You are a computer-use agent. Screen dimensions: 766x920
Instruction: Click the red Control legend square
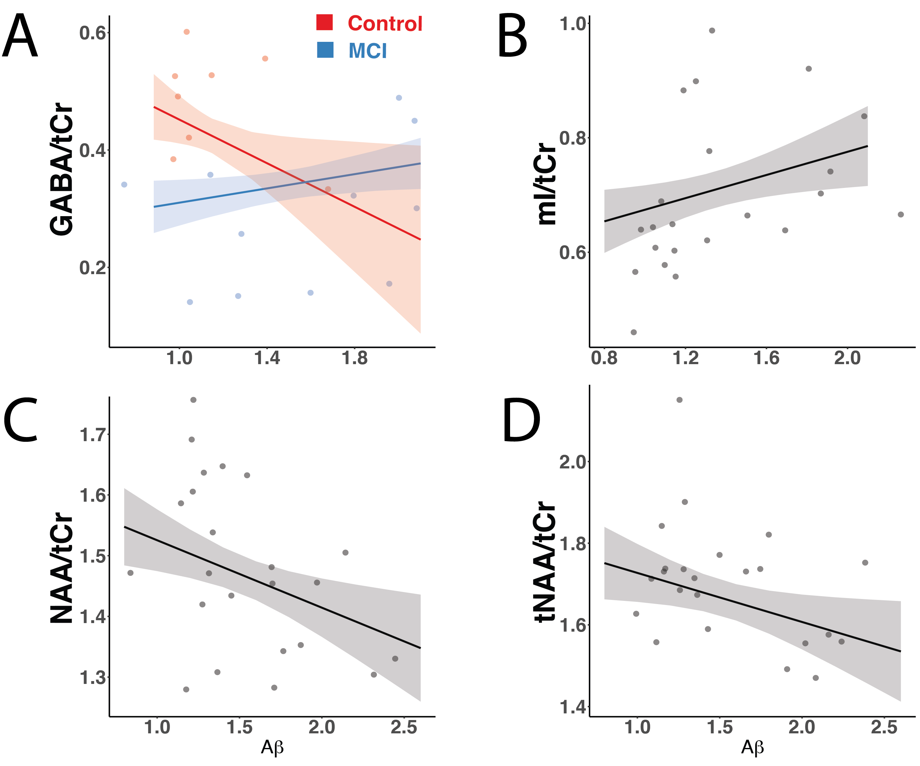coord(324,23)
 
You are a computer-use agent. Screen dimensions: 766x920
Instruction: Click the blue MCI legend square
coord(325,50)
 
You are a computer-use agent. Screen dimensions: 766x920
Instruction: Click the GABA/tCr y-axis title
coord(61,170)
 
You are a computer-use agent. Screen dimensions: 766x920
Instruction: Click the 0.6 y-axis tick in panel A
coord(93,33)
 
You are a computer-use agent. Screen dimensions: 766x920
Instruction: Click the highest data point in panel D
coord(679,400)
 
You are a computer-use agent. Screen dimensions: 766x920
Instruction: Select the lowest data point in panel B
coord(633,332)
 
